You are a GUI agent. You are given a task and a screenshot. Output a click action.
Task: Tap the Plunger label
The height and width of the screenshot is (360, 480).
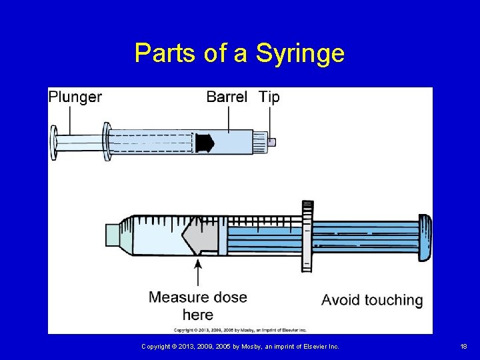coord(75,97)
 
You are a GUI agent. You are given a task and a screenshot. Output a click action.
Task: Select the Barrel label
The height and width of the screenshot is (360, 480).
coord(227,97)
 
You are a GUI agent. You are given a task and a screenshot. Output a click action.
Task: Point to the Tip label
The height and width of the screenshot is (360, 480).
coord(269,97)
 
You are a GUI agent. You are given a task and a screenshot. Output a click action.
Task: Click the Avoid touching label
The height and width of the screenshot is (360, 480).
coord(372,300)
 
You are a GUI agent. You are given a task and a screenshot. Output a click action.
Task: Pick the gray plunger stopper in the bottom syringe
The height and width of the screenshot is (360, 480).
coord(201,237)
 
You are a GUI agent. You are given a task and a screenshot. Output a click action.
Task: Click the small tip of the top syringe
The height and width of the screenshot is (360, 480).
coord(271,142)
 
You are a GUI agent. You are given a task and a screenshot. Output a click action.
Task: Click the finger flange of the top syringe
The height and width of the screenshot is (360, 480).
coord(106,141)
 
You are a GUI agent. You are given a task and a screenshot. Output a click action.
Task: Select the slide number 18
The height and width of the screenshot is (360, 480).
coord(463,346)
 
